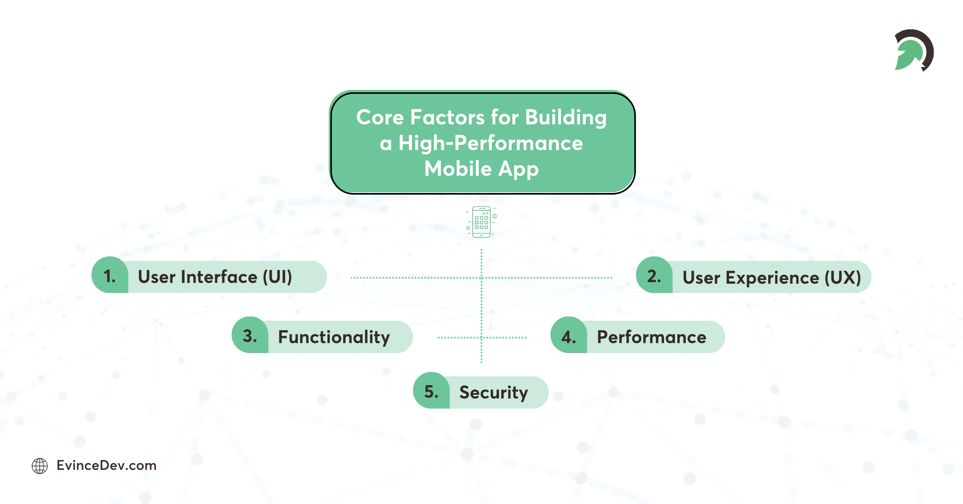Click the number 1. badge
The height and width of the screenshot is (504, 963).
tap(110, 276)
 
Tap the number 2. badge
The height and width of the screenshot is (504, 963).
tap(654, 276)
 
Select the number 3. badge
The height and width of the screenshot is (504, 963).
tap(250, 336)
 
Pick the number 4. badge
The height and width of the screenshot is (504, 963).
tap(569, 337)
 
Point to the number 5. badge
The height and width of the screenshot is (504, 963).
tap(431, 392)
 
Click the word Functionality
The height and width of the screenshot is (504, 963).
tap(334, 337)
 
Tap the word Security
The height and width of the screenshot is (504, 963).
tap(494, 392)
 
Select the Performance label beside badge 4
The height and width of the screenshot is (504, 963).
tap(652, 337)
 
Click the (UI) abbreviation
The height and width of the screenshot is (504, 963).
tap(277, 277)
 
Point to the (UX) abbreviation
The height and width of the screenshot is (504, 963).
tap(843, 277)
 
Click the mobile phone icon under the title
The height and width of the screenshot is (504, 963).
tap(481, 222)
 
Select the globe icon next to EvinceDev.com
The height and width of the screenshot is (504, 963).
tap(40, 466)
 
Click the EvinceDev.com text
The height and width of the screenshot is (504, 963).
tap(106, 465)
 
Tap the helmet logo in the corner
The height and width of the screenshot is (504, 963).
tap(914, 50)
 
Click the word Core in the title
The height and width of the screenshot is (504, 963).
tap(380, 118)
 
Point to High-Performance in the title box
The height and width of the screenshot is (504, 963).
tap(490, 143)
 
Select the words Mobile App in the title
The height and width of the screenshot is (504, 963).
tap(481, 169)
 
